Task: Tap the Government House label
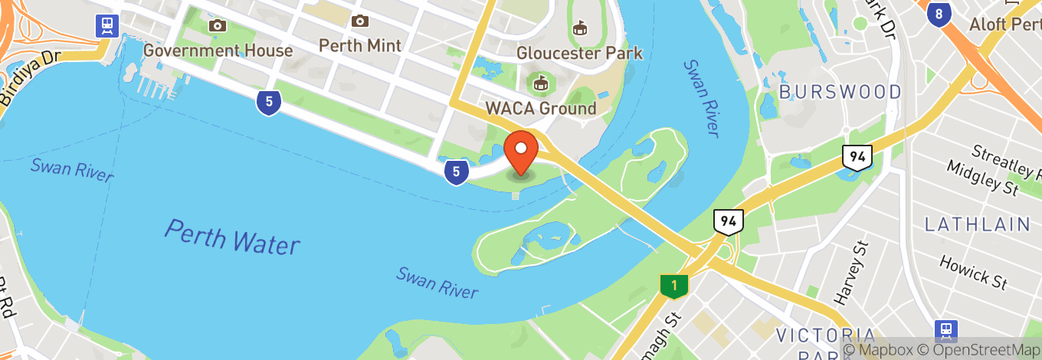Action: (x=218, y=51)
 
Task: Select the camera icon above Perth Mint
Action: (x=359, y=21)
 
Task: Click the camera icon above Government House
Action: (x=218, y=25)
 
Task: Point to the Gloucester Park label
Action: (x=579, y=53)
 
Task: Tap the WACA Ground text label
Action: (x=540, y=108)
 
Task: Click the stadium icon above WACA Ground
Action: (x=540, y=81)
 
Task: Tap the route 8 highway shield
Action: (x=939, y=13)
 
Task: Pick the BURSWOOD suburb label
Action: (x=840, y=93)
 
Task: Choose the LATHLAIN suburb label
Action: (x=977, y=224)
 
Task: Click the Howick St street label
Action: (x=973, y=272)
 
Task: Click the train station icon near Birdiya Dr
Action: (x=106, y=25)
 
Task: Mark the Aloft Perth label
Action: (x=1004, y=24)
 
